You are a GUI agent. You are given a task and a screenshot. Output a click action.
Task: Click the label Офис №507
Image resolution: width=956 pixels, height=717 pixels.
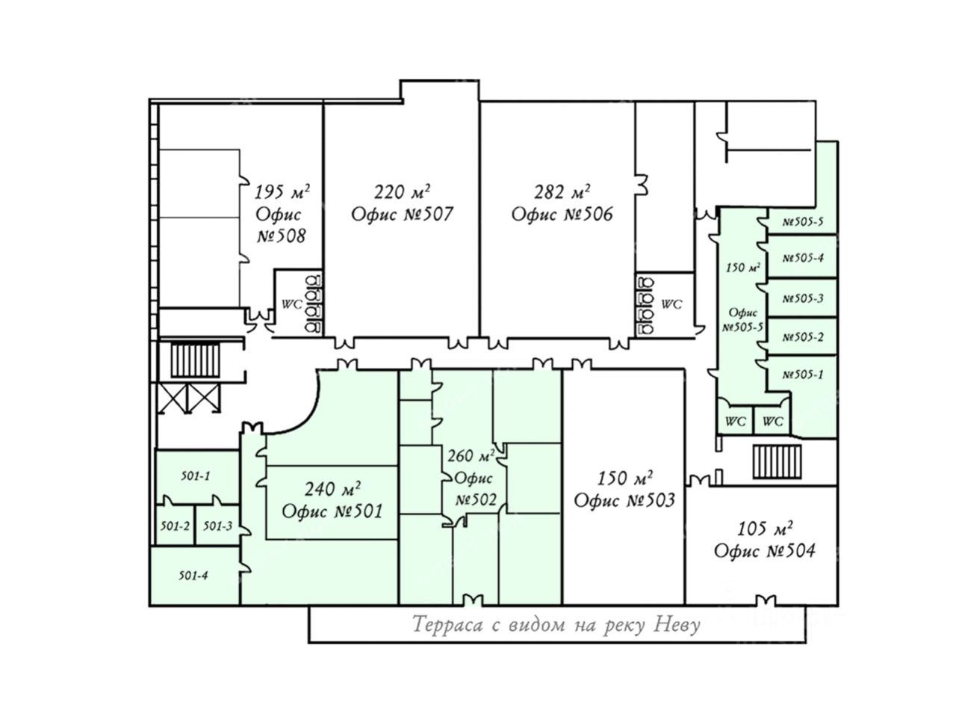pyautogui.click(x=402, y=215)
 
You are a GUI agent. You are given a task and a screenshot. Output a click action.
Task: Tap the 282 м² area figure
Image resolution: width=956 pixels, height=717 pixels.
pyautogui.click(x=562, y=192)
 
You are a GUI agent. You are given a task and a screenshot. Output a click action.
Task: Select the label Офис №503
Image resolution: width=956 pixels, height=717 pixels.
pyautogui.click(x=624, y=500)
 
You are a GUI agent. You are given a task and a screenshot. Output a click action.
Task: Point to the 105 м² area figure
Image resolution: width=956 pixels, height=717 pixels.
pyautogui.click(x=764, y=529)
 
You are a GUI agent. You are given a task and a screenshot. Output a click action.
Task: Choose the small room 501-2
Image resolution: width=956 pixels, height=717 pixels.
pyautogui.click(x=175, y=526)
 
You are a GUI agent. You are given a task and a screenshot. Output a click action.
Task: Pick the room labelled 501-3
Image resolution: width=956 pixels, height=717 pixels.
pyautogui.click(x=217, y=526)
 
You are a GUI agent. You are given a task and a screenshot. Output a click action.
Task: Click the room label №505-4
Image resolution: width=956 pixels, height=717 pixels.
pyautogui.click(x=803, y=258)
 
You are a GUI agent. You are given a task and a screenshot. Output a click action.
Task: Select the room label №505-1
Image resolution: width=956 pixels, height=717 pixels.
pyautogui.click(x=803, y=375)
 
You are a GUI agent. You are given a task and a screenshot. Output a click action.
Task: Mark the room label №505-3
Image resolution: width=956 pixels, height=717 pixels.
pyautogui.click(x=803, y=298)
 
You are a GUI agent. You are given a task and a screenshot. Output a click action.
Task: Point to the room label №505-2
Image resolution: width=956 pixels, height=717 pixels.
pyautogui.click(x=803, y=337)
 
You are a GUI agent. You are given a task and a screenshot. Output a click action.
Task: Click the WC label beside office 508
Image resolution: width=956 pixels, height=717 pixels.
pyautogui.click(x=291, y=305)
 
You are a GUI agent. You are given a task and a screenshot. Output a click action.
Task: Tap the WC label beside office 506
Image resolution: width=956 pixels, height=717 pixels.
pyautogui.click(x=671, y=304)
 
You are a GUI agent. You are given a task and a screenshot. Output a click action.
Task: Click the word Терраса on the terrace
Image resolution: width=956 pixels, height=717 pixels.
pyautogui.click(x=447, y=624)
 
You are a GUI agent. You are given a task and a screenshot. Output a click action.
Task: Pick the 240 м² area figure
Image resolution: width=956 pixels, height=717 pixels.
pyautogui.click(x=332, y=489)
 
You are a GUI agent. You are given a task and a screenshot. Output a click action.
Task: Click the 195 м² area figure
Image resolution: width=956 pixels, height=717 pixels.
pyautogui.click(x=282, y=192)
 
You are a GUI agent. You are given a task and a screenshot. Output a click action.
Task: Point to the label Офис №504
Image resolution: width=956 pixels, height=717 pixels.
pyautogui.click(x=764, y=551)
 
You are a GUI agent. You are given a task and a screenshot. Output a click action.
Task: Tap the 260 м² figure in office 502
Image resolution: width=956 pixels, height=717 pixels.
pyautogui.click(x=471, y=456)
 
